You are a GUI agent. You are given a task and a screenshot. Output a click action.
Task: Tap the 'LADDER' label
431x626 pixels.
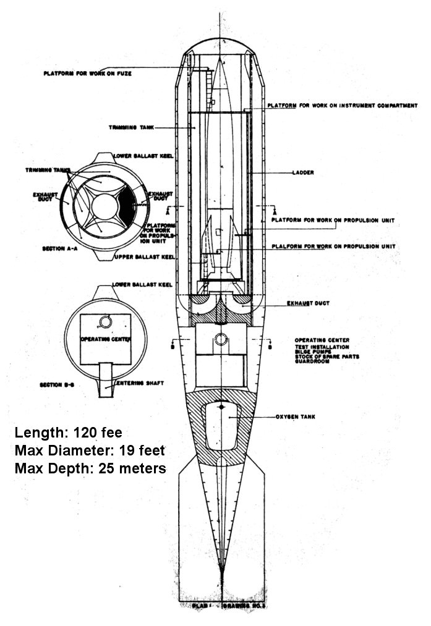click(301, 173)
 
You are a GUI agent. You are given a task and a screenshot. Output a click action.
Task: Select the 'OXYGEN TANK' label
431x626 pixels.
click(296, 417)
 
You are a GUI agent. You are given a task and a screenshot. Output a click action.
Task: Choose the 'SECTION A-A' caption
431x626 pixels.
click(59, 248)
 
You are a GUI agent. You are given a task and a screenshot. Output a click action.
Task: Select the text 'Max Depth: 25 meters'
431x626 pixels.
click(90, 468)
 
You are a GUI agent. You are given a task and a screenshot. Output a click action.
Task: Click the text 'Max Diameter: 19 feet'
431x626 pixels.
click(90, 450)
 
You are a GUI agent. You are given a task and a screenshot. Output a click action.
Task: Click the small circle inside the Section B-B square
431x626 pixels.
click(106, 321)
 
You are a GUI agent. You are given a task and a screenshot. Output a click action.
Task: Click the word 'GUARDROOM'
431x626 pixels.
click(312, 361)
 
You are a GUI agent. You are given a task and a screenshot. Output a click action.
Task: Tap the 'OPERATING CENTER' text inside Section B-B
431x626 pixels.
click(104, 339)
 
